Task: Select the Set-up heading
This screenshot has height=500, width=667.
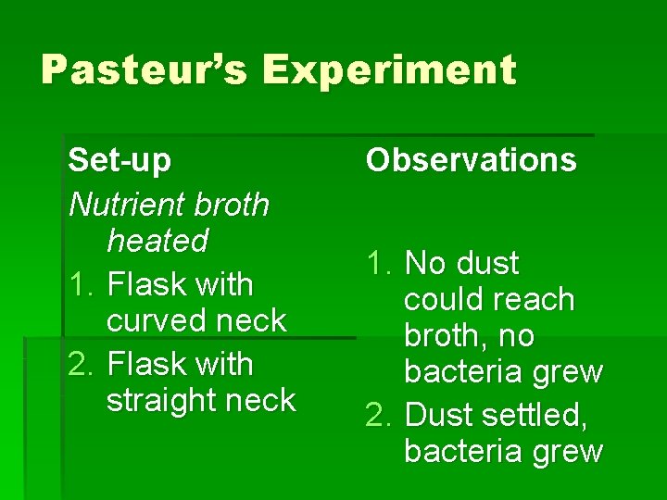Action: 120,160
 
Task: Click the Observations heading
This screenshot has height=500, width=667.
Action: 471,160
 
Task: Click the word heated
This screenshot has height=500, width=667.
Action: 157,241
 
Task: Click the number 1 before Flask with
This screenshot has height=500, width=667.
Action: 80,284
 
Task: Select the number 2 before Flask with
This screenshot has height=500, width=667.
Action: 80,364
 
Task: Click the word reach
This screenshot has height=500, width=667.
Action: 534,300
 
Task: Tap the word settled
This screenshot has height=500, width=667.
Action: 537,416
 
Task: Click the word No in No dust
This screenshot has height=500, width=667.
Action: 424,264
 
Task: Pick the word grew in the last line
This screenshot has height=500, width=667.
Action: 570,452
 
